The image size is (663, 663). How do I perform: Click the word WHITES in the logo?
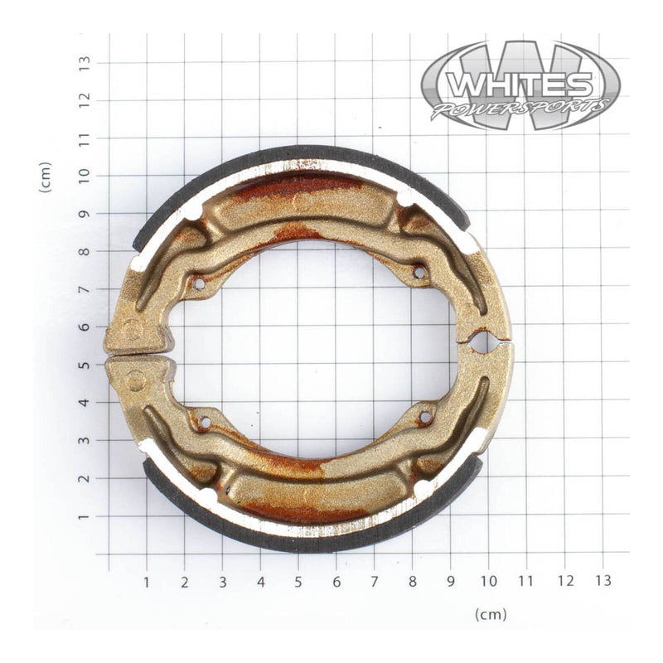point(520,84)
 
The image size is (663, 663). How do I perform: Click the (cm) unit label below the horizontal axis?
point(491,614)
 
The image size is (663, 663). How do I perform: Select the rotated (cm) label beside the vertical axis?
point(46,177)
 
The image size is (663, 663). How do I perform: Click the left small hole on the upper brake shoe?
point(198,284)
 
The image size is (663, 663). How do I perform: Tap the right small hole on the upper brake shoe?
point(419,271)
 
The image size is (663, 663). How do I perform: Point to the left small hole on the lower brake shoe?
point(203,423)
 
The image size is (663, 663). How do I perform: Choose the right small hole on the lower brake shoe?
point(425,418)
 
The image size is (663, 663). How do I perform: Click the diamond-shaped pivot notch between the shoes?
point(480,341)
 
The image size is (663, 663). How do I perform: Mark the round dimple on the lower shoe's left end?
point(136,380)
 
